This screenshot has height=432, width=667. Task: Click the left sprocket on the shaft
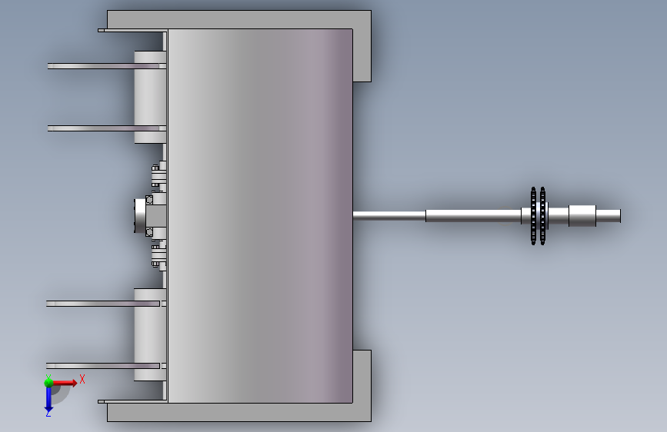[533, 216]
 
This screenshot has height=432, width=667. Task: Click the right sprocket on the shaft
[543, 216]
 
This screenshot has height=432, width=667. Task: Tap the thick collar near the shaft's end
[582, 216]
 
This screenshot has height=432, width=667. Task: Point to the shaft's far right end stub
[609, 216]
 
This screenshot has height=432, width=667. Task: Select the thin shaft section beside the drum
[389, 215]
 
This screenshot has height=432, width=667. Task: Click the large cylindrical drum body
[260, 216]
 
